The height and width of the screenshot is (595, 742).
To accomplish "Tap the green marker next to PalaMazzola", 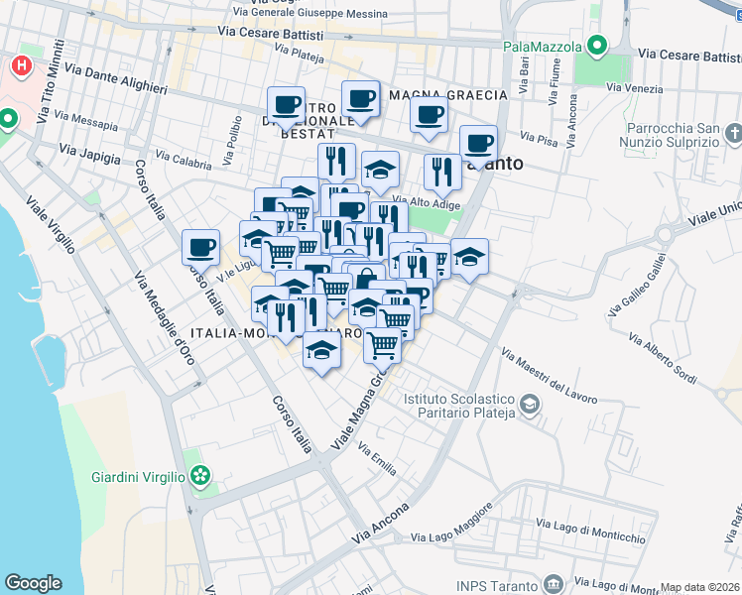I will [x=597, y=46].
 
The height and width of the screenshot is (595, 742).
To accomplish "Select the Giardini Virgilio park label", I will [x=138, y=477].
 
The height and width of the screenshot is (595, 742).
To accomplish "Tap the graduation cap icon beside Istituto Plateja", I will [x=531, y=404].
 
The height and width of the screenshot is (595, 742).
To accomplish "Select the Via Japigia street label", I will [x=89, y=155].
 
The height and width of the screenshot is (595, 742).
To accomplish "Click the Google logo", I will [x=33, y=583].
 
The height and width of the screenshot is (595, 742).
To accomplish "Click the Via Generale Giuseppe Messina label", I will [x=303, y=13].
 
